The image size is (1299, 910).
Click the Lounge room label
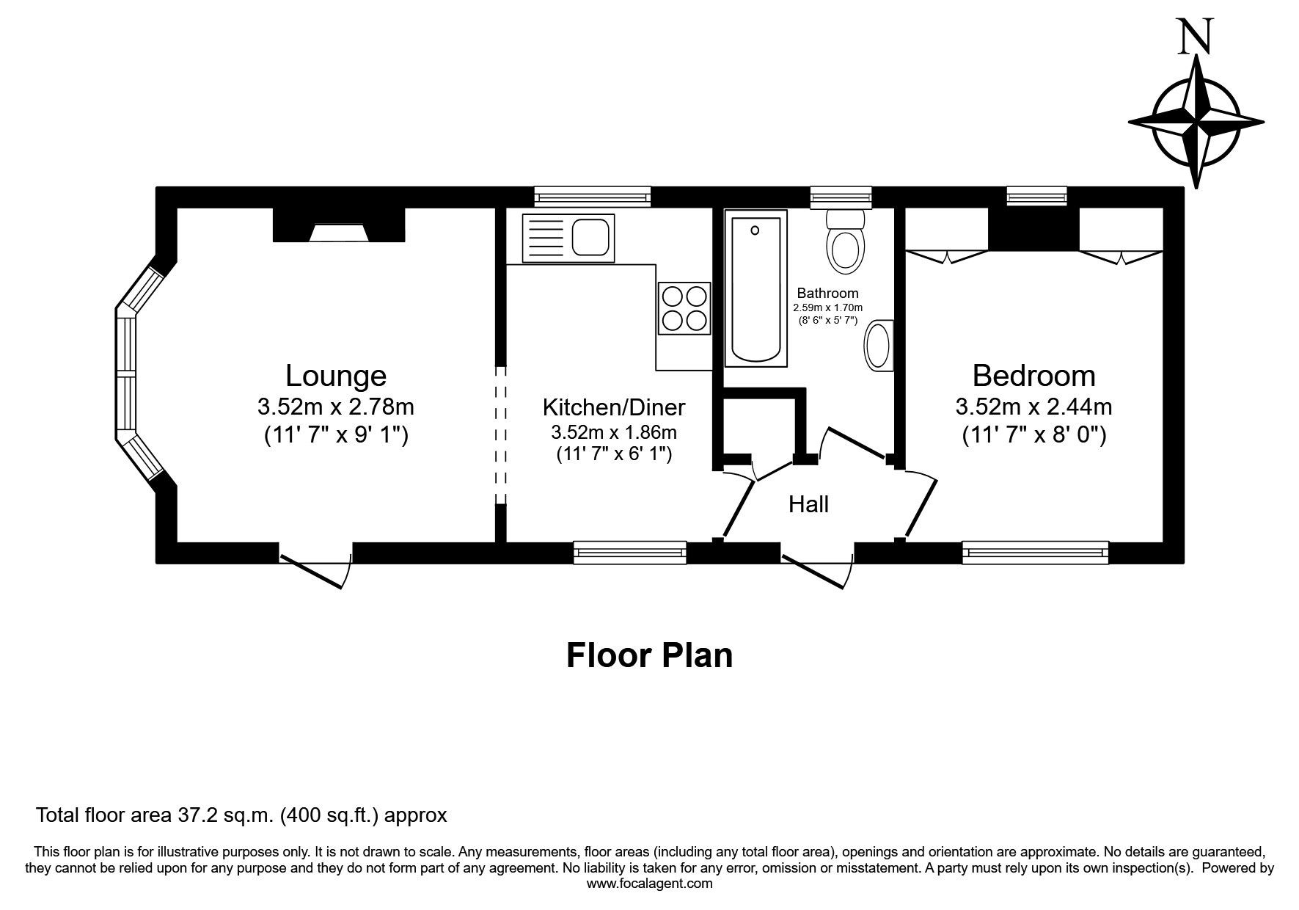(335, 376)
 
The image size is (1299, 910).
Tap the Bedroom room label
(1033, 376)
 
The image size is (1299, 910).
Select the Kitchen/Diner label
(614, 407)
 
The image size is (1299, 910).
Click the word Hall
(808, 504)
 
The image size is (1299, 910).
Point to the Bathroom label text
(827, 293)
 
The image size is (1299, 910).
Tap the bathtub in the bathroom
(755, 288)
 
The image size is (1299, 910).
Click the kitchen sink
(568, 238)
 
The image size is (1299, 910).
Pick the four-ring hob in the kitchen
(684, 308)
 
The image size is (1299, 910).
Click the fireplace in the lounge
(339, 225)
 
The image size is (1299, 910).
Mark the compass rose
(1196, 121)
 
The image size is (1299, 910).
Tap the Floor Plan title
(649, 655)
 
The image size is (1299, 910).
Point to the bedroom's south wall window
(1036, 553)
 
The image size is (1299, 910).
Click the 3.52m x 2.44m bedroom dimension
(1033, 406)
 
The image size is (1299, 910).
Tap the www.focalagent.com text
(649, 884)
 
